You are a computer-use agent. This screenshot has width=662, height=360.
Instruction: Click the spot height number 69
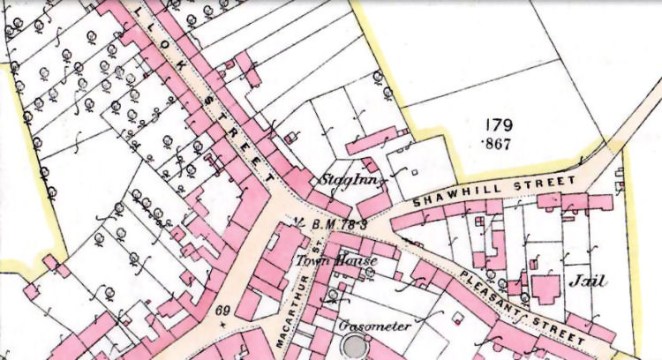222,311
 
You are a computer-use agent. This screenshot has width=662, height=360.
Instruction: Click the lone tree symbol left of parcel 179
379,78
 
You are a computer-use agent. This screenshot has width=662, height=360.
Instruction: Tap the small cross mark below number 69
222,324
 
